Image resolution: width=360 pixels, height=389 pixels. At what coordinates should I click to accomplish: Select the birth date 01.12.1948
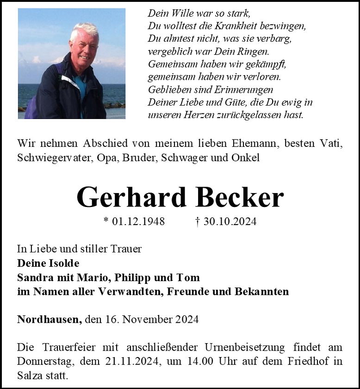pyautogui.click(x=138, y=222)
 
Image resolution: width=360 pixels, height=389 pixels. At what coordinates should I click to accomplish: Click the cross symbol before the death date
pyautogui.click(x=198, y=222)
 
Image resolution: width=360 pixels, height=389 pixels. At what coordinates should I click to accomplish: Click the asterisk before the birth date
pyautogui.click(x=106, y=221)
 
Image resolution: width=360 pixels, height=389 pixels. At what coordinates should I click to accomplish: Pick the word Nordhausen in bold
pyautogui.click(x=50, y=320)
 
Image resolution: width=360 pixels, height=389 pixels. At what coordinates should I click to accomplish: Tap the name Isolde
pyautogui.click(x=62, y=264)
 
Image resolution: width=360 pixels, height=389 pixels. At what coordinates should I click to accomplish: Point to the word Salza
pyautogui.click(x=30, y=375)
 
